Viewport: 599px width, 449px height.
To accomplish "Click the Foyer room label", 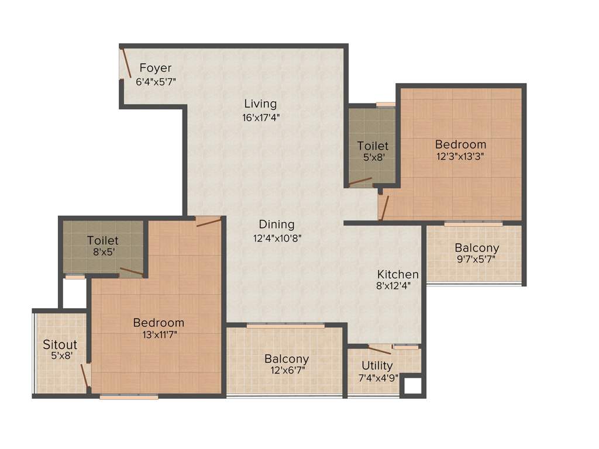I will [155, 68].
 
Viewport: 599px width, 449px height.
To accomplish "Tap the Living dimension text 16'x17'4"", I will [260, 117].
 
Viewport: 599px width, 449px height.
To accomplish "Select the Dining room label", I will [277, 224].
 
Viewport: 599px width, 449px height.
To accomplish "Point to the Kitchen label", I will [398, 274].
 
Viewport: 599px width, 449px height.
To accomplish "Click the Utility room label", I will [377, 366].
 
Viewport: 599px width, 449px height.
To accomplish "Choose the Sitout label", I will [60, 344].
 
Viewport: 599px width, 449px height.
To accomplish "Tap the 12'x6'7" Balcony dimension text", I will [287, 370].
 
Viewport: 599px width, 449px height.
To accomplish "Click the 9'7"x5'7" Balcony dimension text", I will [477, 260].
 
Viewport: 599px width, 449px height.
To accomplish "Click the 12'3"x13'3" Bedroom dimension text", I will [460, 156].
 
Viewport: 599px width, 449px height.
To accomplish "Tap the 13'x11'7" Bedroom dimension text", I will [159, 334].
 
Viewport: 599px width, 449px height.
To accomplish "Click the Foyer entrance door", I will [126, 63].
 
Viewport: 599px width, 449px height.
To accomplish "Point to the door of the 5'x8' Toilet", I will [360, 181].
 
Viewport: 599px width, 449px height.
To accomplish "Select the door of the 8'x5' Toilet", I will [132, 272].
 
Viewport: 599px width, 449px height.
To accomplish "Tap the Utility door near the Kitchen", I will [379, 350].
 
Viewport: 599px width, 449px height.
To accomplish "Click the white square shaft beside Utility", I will [413, 386].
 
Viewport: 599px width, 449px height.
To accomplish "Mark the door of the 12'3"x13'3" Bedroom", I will [383, 208].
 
